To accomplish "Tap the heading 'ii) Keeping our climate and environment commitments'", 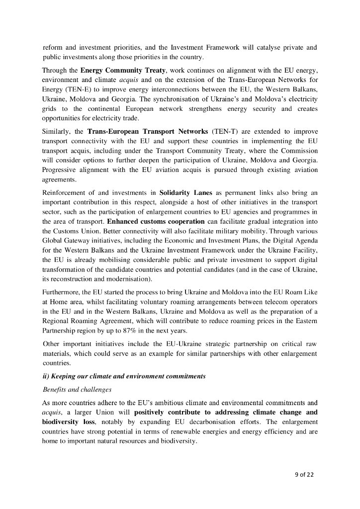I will pyautogui.click(x=124, y=376).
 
